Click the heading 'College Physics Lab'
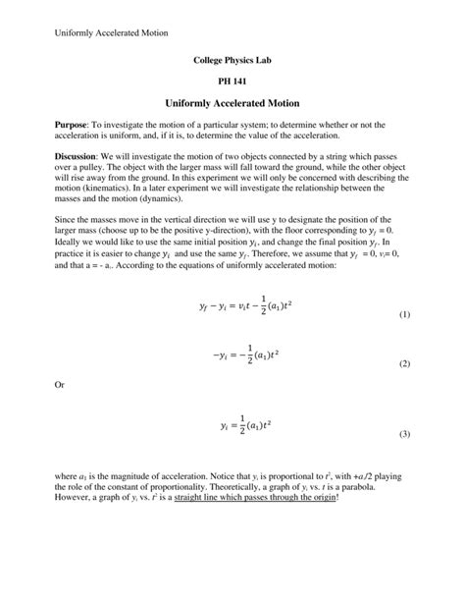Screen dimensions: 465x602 pyautogui.click(x=232, y=61)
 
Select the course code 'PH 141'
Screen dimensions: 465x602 pyautogui.click(x=232, y=82)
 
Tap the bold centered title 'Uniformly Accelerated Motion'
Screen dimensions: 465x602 pyautogui.click(x=232, y=103)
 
